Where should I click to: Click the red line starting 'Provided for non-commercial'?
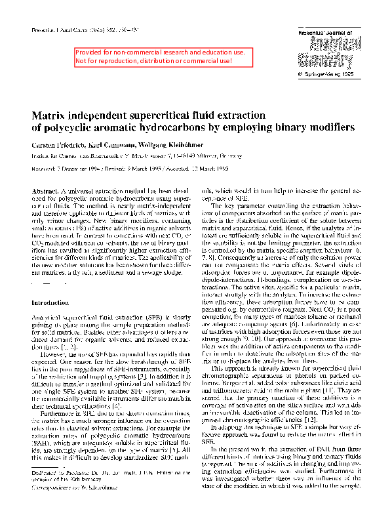pos(154,52)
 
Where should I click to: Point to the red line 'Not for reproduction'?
pos(154,61)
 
